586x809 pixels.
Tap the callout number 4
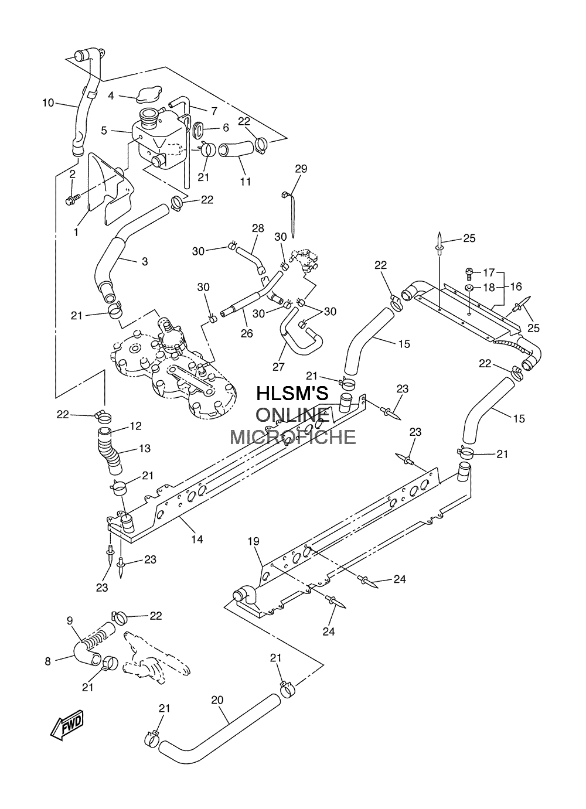[x=111, y=95]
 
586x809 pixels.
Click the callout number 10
[x=48, y=103]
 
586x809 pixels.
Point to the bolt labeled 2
[x=72, y=199]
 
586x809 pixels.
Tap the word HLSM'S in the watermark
[x=292, y=393]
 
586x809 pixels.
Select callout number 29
[x=301, y=169]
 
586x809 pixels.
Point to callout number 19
[x=254, y=551]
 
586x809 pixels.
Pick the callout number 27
[x=278, y=367]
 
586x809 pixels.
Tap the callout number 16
[x=516, y=286]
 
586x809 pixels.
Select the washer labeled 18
[x=469, y=288]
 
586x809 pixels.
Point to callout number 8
[x=47, y=661]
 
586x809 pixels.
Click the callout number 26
[x=247, y=333]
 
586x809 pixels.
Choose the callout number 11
[x=246, y=181]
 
